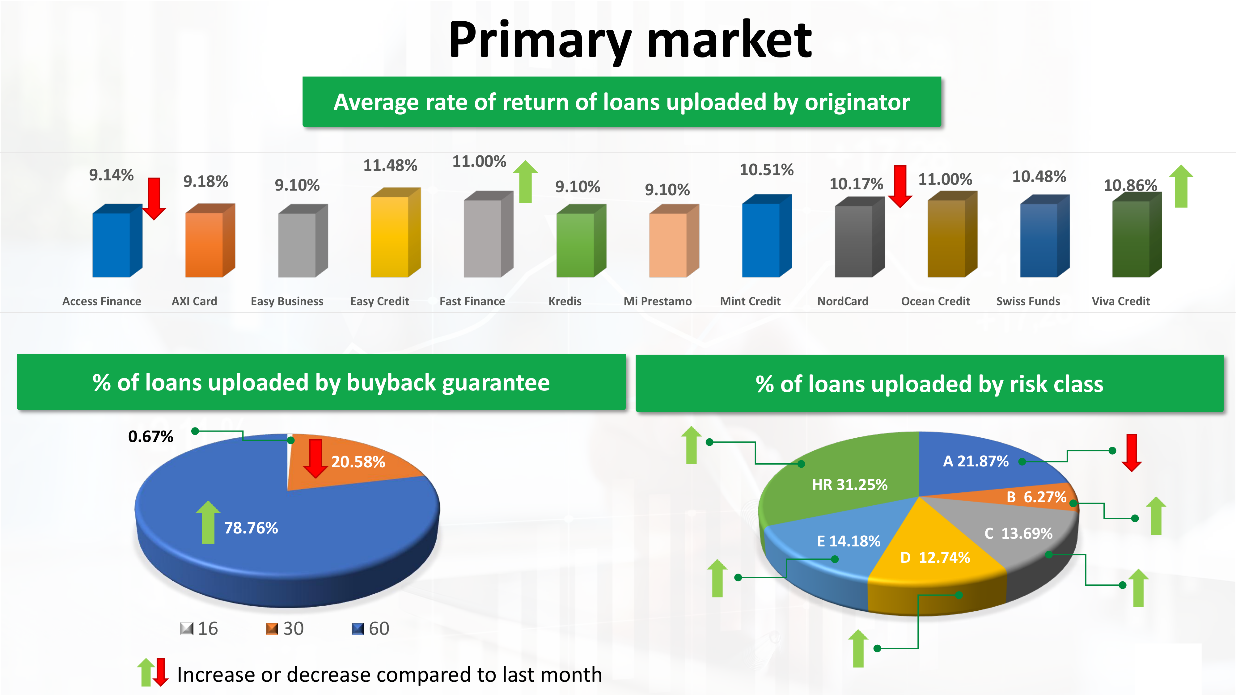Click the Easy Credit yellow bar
[x=396, y=233]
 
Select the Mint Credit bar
[x=766, y=236]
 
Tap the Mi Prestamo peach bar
[x=674, y=241]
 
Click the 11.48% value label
[x=390, y=166]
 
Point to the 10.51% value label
[x=766, y=170]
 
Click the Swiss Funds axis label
[x=1028, y=301]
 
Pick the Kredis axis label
[x=565, y=301]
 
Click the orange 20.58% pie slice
[x=355, y=463]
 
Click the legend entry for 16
[x=199, y=628]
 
